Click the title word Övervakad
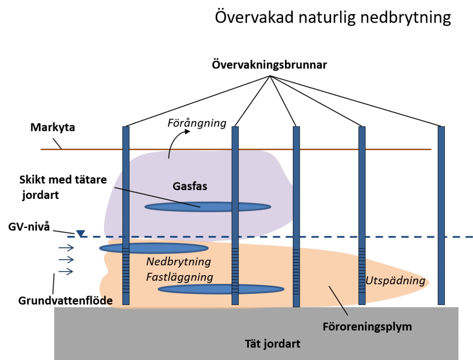click(x=254, y=17)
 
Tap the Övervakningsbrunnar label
click(x=269, y=65)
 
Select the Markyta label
click(x=53, y=127)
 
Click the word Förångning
click(x=197, y=123)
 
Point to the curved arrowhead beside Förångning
click(x=188, y=132)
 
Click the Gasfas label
click(x=190, y=186)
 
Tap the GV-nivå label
click(x=29, y=227)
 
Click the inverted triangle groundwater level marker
click(x=80, y=234)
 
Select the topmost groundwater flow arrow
click(x=66, y=248)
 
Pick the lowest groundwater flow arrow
click(x=66, y=271)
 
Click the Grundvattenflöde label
click(x=65, y=300)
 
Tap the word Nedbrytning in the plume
click(x=179, y=262)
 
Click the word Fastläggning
click(x=180, y=277)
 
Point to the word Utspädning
click(x=395, y=281)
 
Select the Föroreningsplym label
click(x=367, y=327)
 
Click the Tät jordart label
click(x=273, y=344)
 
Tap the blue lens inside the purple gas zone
click(x=208, y=207)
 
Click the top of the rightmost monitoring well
click(x=441, y=127)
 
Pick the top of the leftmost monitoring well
click(x=126, y=127)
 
